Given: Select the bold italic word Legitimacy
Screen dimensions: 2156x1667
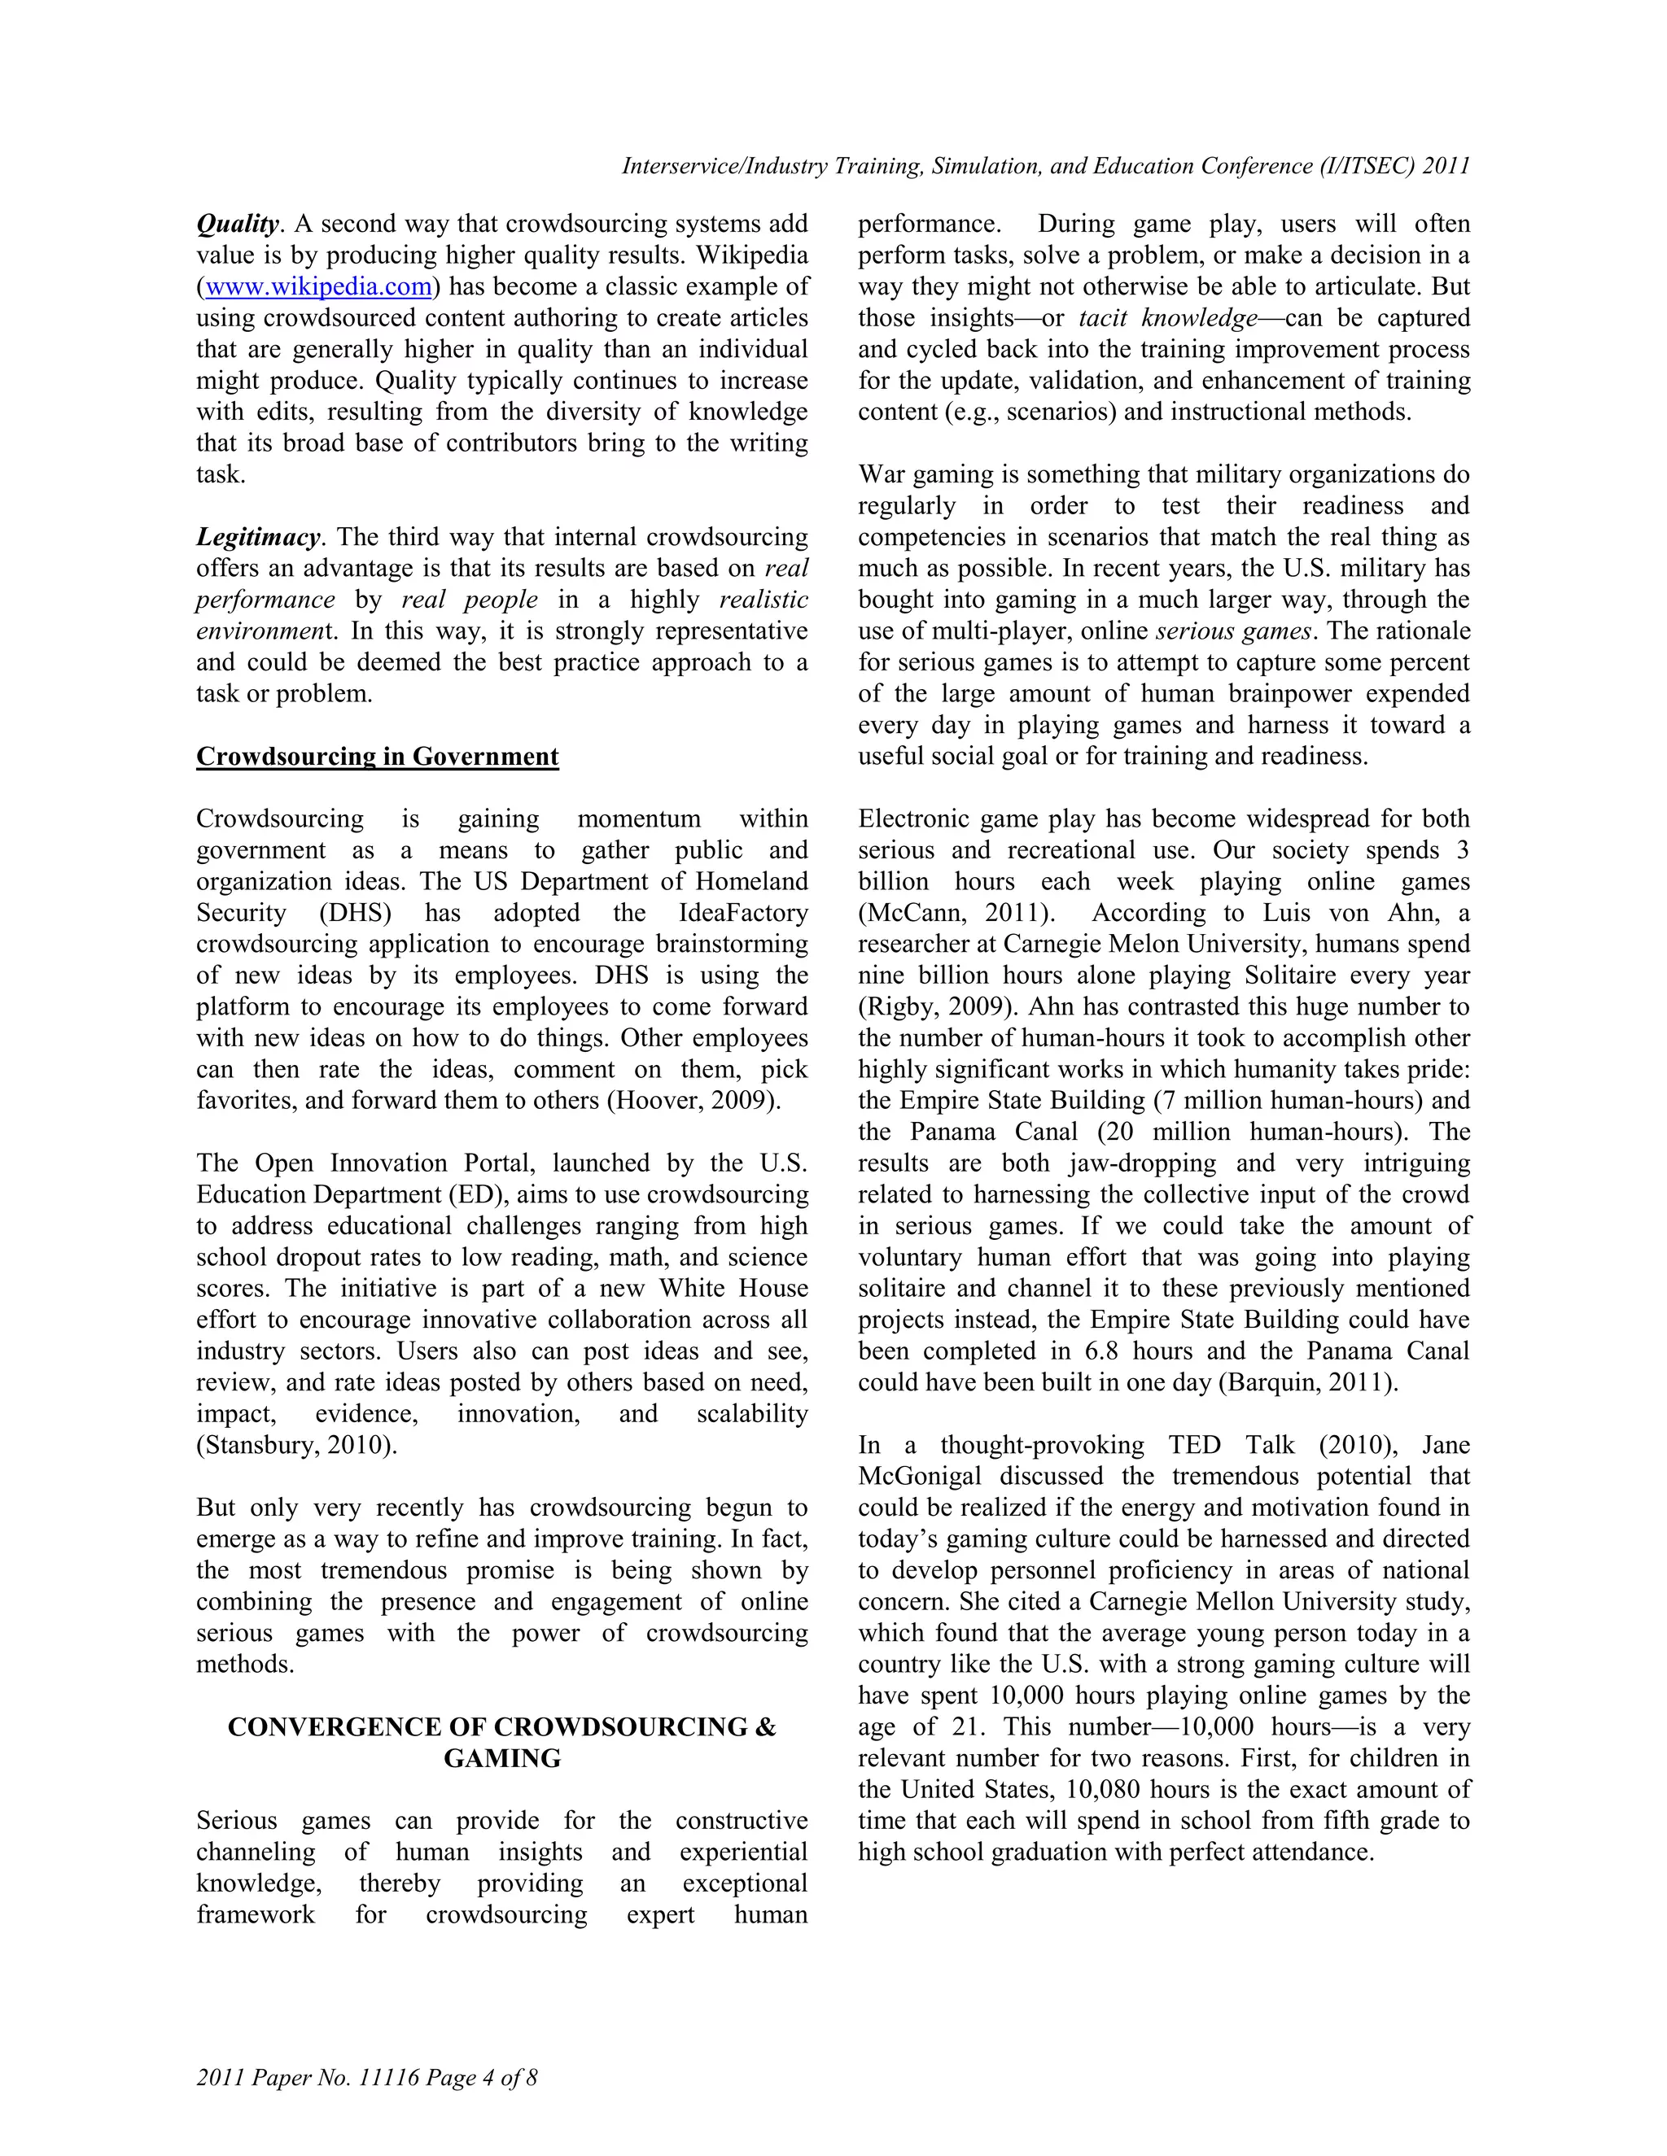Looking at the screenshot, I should tap(259, 538).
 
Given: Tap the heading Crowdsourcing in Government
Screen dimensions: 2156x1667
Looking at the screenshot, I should tap(377, 757).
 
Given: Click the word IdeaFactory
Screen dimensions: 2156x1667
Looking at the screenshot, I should tap(742, 913).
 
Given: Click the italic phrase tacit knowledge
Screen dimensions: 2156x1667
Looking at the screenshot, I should tap(1168, 318).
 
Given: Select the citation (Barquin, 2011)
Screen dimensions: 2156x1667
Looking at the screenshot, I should tap(1309, 1383).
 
